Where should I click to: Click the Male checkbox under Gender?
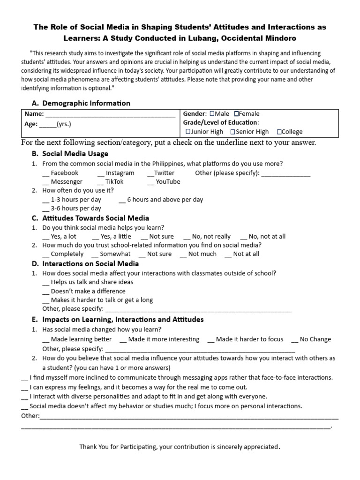pyautogui.click(x=212, y=113)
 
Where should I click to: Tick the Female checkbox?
pyautogui.click(x=237, y=113)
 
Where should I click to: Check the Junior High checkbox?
pyautogui.click(x=188, y=132)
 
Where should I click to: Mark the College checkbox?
pyautogui.click(x=279, y=132)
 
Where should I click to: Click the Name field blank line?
pyautogui.click(x=110, y=114)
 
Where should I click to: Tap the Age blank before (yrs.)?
pyautogui.click(x=47, y=124)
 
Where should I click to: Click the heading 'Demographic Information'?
pyautogui.click(x=86, y=103)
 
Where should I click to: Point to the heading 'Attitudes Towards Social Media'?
pyautogui.click(x=96, y=218)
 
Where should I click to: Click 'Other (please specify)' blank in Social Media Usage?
pyautogui.click(x=285, y=173)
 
